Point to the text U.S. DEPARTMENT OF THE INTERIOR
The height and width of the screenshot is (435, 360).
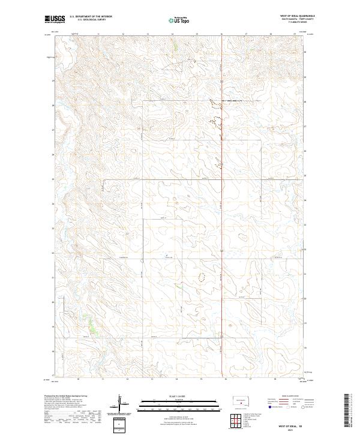click(91, 17)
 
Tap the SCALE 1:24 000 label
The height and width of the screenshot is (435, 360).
click(179, 395)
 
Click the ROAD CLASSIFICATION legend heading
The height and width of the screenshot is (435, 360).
click(288, 397)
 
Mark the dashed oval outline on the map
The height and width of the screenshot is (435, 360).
click(201, 277)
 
